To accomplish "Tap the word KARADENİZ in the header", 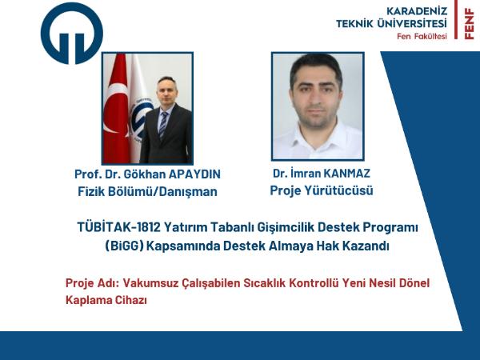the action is coord(417,11).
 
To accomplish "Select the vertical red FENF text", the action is coord(469,24).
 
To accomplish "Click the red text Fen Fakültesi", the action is coord(422,36).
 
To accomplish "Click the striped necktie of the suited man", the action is coord(163,125).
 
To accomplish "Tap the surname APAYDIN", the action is coord(194,174).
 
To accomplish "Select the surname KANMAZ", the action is coord(347,174).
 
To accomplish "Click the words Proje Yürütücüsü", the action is coord(322,190).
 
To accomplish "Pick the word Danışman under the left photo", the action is coord(188,192).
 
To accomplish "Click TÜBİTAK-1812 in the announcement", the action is coord(118,227).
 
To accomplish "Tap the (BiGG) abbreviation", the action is coord(124,246).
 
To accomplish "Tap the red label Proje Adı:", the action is coord(92,283).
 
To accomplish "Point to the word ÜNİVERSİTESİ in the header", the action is coord(412,23).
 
